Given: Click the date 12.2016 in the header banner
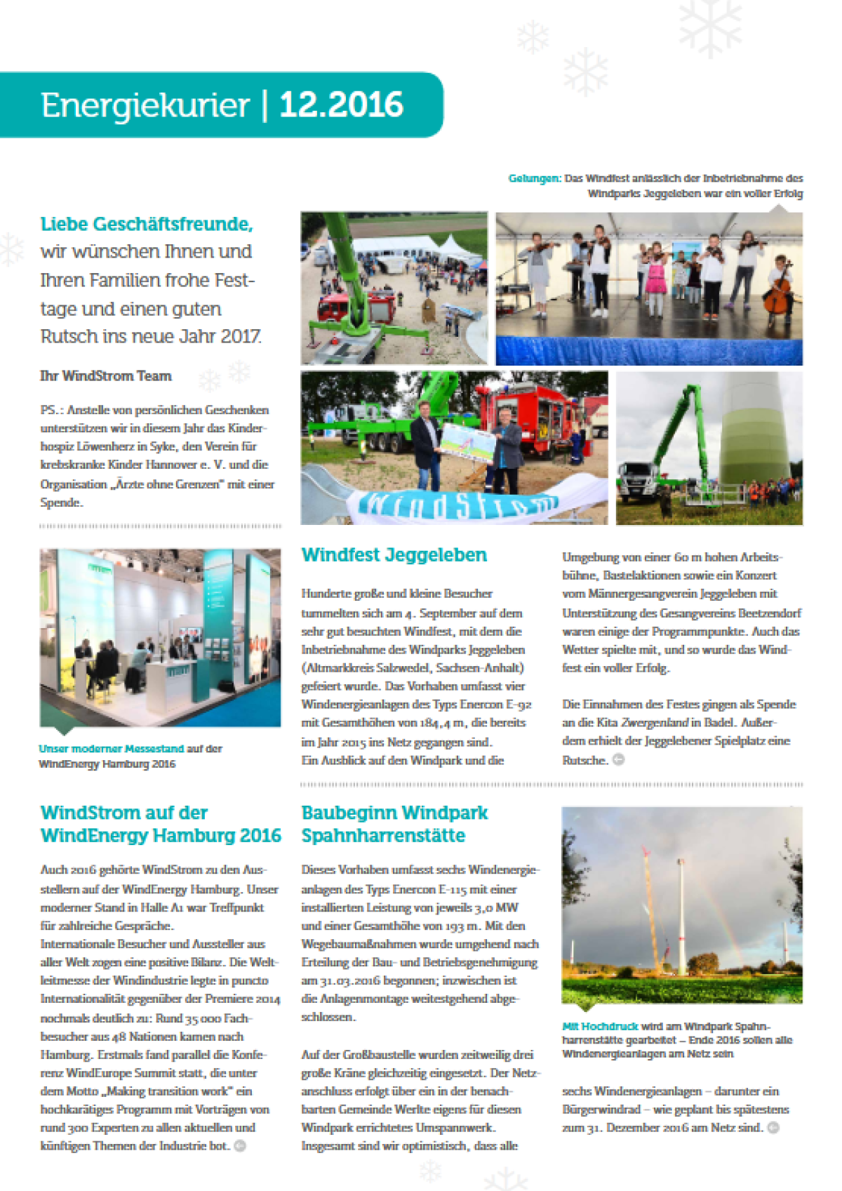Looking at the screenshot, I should point(341,105).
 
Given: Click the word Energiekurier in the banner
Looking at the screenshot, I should point(145,106).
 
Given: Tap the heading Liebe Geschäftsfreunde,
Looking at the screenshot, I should point(147,224).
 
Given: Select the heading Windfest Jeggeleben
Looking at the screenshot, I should point(394,555).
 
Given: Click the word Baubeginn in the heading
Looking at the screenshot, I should point(345,813).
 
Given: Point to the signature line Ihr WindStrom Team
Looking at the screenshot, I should point(106,376).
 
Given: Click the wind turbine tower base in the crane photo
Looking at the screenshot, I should point(758,435).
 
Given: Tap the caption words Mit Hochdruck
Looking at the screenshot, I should point(600,1026).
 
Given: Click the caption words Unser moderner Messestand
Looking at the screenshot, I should point(111,749).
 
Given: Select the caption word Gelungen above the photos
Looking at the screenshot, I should point(534,178).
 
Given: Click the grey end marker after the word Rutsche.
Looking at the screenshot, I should point(618,759).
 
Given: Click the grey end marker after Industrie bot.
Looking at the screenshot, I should point(240,1146).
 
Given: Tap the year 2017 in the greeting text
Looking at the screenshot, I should point(241,337).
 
